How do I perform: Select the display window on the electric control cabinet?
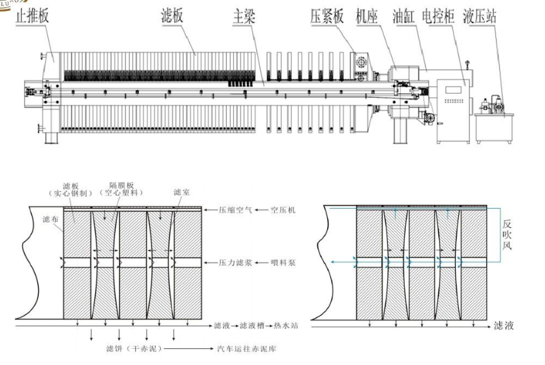[x=455, y=85]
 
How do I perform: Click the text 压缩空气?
[x=231, y=211]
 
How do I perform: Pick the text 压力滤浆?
[x=231, y=263]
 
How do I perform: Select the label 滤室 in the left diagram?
[x=181, y=193]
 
